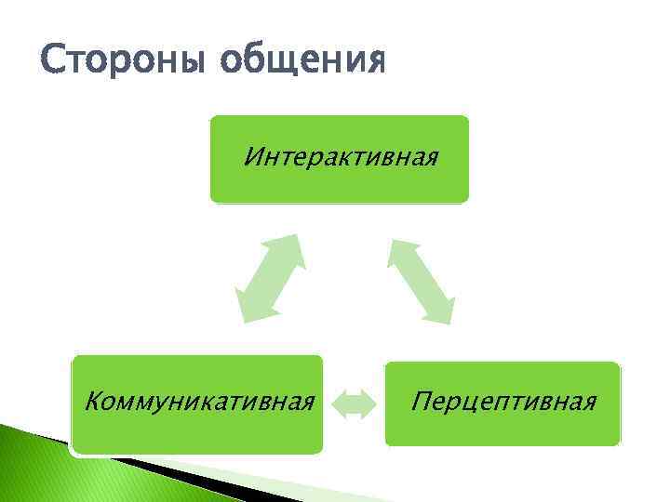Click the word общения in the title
click(302, 61)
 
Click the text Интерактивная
click(340, 152)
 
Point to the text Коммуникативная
click(197, 403)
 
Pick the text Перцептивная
click(503, 403)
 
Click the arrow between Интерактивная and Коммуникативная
click(271, 277)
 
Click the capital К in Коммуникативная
click(91, 403)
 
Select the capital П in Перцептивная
click(423, 403)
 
